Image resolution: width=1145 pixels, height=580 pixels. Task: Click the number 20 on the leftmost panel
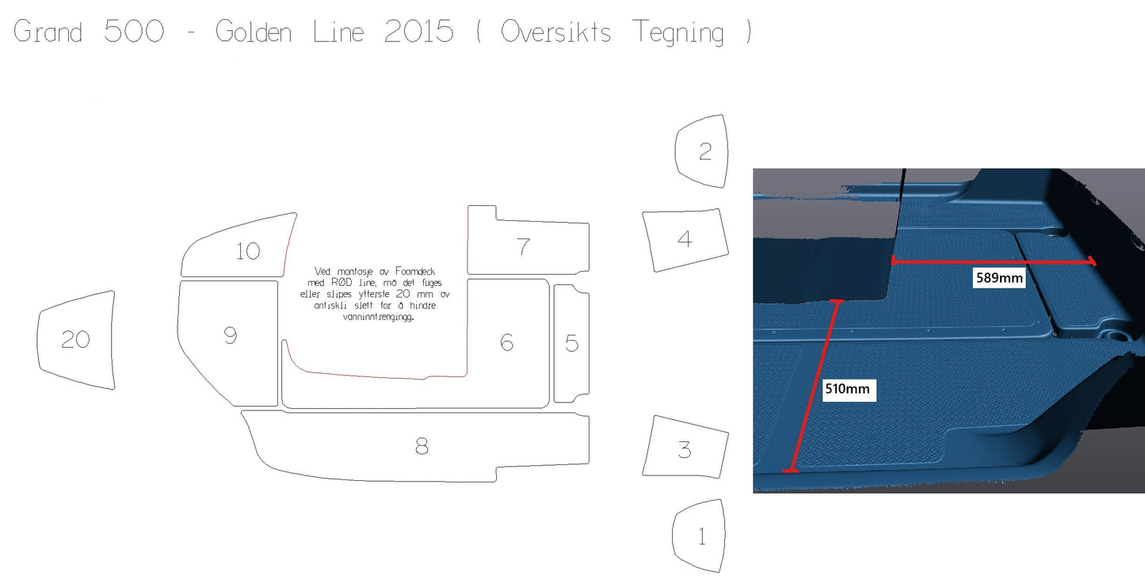coord(75,339)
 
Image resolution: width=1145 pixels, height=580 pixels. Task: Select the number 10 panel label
coord(248,251)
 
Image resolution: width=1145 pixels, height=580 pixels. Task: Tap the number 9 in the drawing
coord(231,335)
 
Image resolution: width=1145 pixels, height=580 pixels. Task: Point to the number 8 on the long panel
coord(422,446)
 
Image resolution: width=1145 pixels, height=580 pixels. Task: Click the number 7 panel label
coord(523,247)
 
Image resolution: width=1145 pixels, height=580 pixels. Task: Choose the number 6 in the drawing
coord(506,342)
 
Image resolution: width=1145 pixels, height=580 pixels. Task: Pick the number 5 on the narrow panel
coord(572,343)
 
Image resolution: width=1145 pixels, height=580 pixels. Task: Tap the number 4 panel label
coord(685,239)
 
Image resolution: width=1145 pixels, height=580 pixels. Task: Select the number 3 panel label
coord(685,450)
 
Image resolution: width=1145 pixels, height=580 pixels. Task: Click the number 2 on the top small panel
coord(705,151)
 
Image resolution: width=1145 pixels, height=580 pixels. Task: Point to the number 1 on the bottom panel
coord(702,536)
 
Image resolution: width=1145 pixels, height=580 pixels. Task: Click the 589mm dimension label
coord(999,278)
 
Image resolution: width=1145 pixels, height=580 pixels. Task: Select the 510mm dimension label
coord(847,389)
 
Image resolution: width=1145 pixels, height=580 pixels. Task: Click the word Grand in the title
coord(48,31)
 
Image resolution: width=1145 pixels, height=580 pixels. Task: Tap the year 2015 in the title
coord(418,31)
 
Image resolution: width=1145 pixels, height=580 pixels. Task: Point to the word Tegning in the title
coord(677,32)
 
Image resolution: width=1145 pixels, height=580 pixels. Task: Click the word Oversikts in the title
coord(555,31)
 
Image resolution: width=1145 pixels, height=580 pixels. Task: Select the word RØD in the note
coord(342,283)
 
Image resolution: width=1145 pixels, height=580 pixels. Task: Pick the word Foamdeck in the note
coord(415,271)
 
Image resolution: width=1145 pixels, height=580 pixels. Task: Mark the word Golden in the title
coord(253,31)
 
